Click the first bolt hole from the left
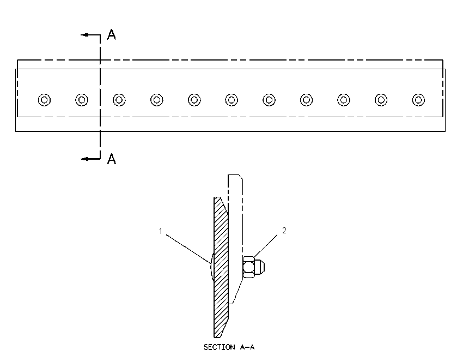point(44,100)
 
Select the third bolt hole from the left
point(119,100)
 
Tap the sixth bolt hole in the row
point(231,100)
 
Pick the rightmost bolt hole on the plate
point(418,100)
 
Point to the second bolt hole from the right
point(381,100)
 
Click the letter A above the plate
point(111,34)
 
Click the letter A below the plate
point(111,159)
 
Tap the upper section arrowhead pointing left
point(85,35)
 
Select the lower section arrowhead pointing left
point(85,159)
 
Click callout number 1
point(161,231)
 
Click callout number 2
point(284,231)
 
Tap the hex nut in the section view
point(248,267)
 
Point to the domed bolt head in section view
point(212,267)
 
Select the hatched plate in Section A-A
point(221,267)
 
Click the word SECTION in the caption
point(220,347)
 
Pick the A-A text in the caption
point(247,347)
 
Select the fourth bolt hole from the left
point(156,100)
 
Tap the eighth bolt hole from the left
point(306,100)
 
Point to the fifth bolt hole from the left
point(194,100)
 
